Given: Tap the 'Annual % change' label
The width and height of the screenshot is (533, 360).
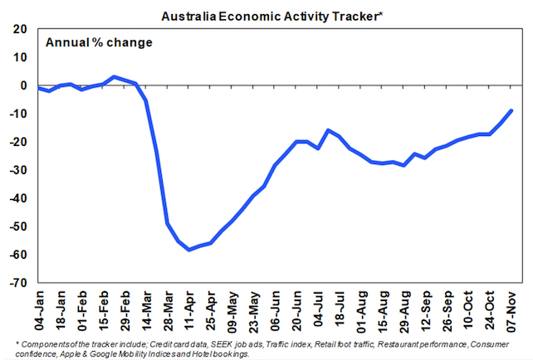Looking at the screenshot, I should (x=99, y=41).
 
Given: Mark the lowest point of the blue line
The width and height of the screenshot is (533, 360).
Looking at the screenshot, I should (x=189, y=250).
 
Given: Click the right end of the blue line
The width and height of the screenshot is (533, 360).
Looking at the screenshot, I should (x=511, y=110).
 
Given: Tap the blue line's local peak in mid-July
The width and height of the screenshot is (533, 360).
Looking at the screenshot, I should (x=329, y=130).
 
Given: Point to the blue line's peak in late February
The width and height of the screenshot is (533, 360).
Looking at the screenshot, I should (x=115, y=77).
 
